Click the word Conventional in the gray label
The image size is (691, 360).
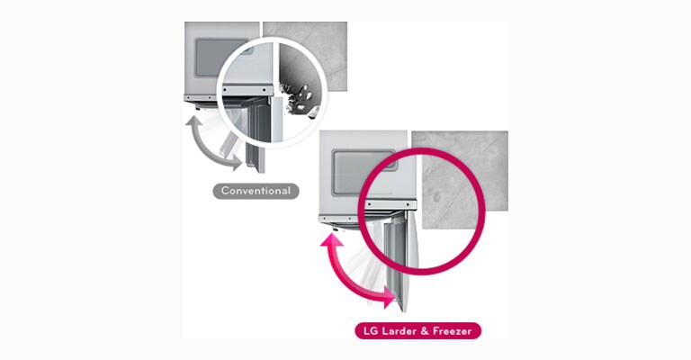coord(256,191)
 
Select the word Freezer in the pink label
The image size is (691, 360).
coord(453,331)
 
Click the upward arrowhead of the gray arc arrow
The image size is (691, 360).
coord(193,121)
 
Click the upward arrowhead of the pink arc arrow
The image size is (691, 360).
coord(332,240)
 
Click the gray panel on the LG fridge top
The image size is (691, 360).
coord(364,173)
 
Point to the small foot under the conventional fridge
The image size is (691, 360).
coord(197,107)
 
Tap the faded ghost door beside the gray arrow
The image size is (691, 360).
coord(230,142)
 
